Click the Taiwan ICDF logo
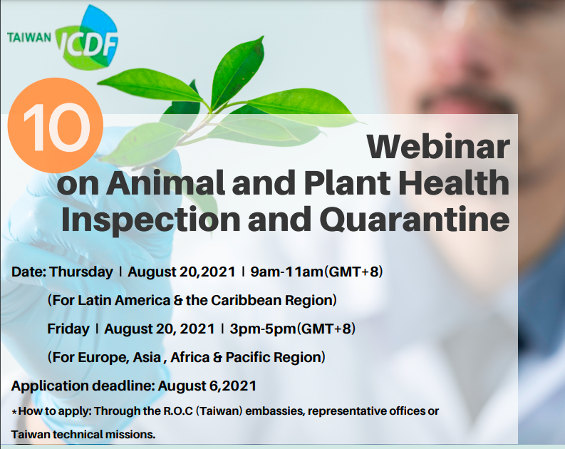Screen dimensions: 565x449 (x=63, y=38)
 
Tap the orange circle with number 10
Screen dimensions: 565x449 (x=56, y=125)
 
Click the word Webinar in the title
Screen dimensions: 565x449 (x=438, y=147)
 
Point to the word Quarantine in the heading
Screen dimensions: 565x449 (x=415, y=219)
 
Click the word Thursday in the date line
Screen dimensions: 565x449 (x=81, y=272)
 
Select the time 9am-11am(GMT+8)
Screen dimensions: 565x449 (x=316, y=272)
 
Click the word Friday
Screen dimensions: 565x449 (x=68, y=329)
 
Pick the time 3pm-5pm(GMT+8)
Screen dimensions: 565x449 (x=293, y=329)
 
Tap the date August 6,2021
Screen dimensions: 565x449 (x=207, y=386)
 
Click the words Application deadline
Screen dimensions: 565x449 (x=83, y=386)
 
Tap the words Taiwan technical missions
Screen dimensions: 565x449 (x=83, y=434)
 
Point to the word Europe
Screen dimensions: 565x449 (x=103, y=358)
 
